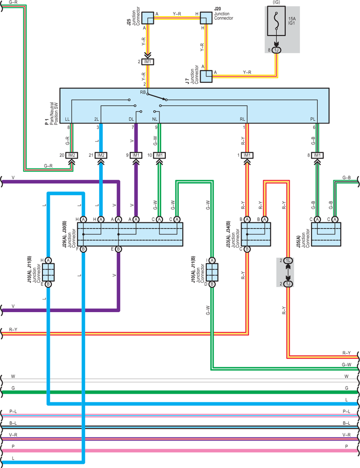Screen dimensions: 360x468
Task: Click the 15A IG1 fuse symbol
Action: (276, 21)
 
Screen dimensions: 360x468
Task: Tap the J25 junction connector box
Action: (147, 18)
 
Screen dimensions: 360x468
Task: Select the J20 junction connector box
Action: (206, 18)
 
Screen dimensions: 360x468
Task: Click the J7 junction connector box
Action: (206, 77)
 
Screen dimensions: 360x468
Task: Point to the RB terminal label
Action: (143, 92)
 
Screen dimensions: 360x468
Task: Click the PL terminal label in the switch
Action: (313, 119)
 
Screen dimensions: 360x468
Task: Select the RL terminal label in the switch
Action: (242, 119)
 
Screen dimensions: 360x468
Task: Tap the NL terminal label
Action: (155, 119)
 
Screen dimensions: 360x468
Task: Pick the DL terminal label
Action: (132, 119)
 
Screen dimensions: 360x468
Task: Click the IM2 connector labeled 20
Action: (72, 155)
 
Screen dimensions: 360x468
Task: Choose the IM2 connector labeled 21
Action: (101, 155)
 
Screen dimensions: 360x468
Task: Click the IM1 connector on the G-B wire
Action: (317, 155)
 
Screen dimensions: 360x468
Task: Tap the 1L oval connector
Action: (288, 260)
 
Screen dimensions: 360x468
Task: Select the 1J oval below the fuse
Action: (276, 50)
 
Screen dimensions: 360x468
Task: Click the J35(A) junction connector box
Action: (326, 234)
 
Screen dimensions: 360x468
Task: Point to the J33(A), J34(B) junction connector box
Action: (256, 234)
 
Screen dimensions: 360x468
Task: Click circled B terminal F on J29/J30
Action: (83, 249)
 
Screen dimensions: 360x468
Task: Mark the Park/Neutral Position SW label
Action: (54, 114)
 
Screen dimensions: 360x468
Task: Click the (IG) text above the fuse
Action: (276, 2)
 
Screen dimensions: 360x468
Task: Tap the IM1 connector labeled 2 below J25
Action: (147, 62)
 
